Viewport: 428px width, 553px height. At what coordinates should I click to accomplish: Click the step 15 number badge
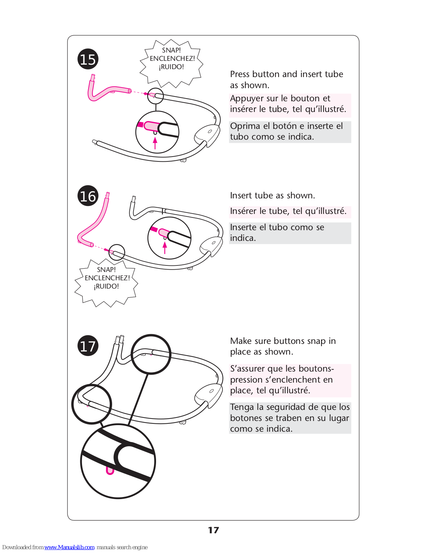click(x=88, y=59)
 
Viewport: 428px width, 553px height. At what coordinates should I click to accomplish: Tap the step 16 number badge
click(x=88, y=196)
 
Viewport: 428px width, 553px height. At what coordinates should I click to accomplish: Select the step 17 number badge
click(x=88, y=346)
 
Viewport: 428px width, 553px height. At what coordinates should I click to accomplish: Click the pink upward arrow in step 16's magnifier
click(x=165, y=248)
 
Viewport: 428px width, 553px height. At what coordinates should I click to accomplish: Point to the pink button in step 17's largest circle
click(x=110, y=471)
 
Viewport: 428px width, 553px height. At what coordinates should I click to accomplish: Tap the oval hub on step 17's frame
click(x=209, y=394)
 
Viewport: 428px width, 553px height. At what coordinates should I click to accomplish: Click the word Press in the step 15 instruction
click(x=240, y=74)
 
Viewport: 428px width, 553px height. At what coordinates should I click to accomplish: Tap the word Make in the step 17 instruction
click(x=241, y=341)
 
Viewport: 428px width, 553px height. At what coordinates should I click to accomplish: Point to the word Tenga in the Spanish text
click(x=242, y=407)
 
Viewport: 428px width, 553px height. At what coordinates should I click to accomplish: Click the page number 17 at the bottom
click(x=213, y=530)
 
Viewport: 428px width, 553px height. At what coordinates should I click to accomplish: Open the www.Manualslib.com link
click(x=69, y=547)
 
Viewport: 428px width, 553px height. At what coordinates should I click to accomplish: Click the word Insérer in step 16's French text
click(x=244, y=211)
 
